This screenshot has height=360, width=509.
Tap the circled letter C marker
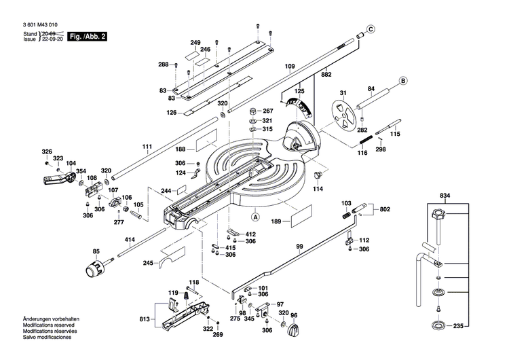coord(371,29)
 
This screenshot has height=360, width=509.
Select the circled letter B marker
coord(402,81)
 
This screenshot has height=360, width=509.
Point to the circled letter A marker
coord(256,217)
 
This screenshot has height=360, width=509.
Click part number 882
coord(326,73)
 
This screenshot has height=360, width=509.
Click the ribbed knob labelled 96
coord(294,331)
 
